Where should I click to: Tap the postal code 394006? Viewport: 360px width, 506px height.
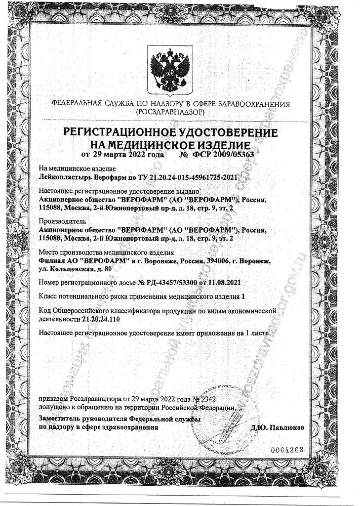(x=208, y=261)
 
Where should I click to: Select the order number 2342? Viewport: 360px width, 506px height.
(x=207, y=398)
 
